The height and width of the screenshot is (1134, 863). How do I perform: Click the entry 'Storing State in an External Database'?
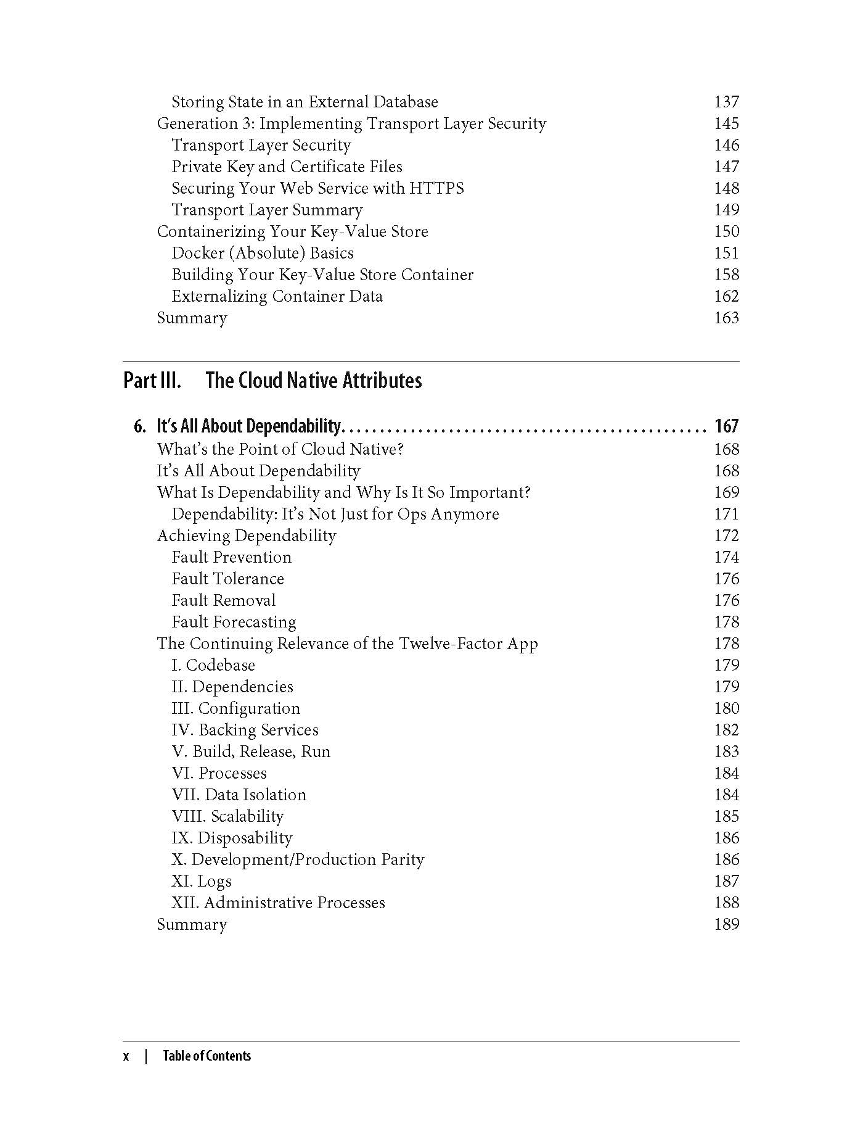(x=305, y=102)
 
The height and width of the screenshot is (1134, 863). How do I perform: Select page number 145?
(x=726, y=123)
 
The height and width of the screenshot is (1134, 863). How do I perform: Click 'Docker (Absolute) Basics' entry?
(x=263, y=253)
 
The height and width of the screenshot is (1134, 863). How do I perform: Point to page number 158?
(x=726, y=275)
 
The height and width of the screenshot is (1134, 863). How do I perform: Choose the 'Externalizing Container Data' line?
(x=277, y=296)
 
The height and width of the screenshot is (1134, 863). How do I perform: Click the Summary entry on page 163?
(x=192, y=318)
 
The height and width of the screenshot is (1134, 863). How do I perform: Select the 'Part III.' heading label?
(x=152, y=380)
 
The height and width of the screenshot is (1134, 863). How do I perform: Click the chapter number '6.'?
(x=140, y=426)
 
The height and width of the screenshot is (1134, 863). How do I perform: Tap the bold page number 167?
(x=726, y=426)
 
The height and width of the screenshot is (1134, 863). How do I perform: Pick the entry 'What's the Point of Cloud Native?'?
(x=280, y=449)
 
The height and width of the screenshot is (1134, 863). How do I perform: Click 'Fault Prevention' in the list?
(x=231, y=557)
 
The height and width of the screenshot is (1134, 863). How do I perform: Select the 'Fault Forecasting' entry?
(x=234, y=622)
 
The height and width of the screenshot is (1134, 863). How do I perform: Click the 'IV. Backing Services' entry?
(x=245, y=730)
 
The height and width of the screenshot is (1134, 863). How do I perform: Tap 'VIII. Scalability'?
(x=227, y=816)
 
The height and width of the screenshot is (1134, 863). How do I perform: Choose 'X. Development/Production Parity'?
(x=298, y=859)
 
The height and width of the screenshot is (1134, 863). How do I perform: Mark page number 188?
(x=726, y=903)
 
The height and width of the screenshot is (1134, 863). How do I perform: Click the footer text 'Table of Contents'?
(x=207, y=1056)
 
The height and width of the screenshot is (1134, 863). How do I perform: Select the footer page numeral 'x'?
(x=126, y=1056)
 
